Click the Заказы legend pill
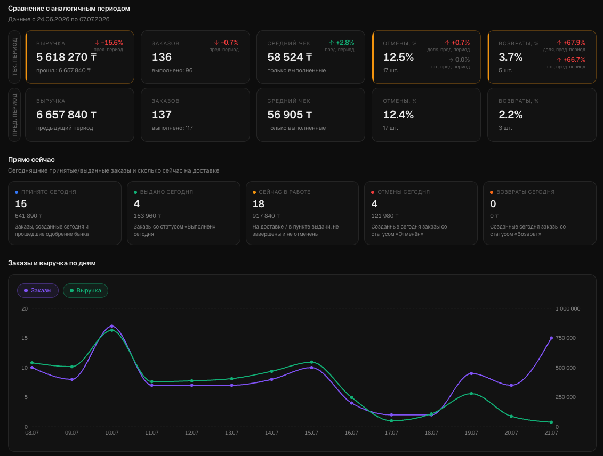pos(38,290)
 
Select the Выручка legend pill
pos(85,290)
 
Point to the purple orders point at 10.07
pos(112,326)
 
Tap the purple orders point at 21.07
pos(551,338)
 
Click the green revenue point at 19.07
pos(471,393)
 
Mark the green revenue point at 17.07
pos(391,421)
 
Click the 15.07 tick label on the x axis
pos(311,433)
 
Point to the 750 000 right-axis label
pos(565,338)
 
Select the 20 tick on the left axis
pos(25,308)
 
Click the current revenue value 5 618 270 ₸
pos(66,57)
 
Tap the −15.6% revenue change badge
pos(109,43)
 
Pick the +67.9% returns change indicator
pos(571,43)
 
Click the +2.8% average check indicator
pos(342,43)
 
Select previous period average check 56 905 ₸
pos(290,115)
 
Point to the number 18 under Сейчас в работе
pos(259,203)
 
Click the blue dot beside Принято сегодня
pos(17,192)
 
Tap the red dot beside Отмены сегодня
pos(373,192)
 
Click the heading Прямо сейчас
pos(31,159)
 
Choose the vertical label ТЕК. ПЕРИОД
pos(14,57)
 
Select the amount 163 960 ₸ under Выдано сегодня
pos(147,216)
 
